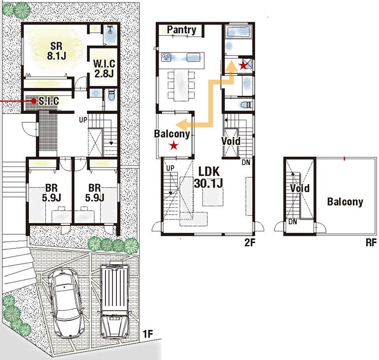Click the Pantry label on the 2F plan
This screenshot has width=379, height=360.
click(x=182, y=30)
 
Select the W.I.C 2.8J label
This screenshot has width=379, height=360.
click(x=104, y=68)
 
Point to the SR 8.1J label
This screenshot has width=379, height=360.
click(x=56, y=51)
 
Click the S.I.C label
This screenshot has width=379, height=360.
click(x=49, y=101)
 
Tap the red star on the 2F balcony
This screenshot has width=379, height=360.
click(x=173, y=146)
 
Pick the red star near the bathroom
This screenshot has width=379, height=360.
click(x=243, y=65)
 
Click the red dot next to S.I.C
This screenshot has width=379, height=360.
click(x=33, y=101)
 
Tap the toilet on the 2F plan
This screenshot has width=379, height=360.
click(x=247, y=105)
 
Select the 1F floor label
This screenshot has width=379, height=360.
click(x=148, y=334)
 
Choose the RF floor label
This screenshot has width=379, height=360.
click(x=371, y=243)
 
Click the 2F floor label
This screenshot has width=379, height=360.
click(x=250, y=243)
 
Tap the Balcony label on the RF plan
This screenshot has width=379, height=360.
click(x=345, y=201)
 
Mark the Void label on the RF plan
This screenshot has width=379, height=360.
click(x=300, y=188)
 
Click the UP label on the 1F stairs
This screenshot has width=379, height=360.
click(x=83, y=120)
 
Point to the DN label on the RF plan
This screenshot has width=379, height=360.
click(x=293, y=222)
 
